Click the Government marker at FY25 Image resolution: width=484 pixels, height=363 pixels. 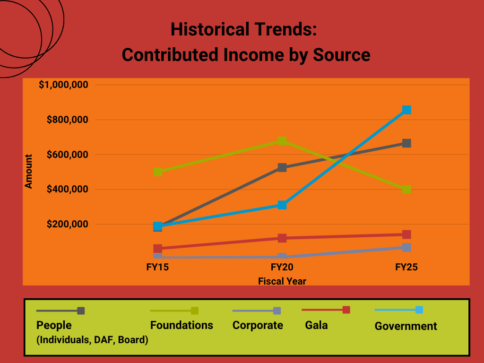406,110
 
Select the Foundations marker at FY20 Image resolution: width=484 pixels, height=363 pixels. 282,141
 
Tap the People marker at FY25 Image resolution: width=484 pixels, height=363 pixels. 406,143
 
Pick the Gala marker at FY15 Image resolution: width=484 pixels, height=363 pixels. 158,249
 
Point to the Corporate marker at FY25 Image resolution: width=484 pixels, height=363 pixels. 406,247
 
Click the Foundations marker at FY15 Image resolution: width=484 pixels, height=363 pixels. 158,172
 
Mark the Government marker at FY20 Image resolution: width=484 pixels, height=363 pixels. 282,205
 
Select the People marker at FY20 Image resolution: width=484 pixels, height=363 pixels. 282,167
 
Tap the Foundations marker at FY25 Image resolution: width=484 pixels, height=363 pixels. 406,190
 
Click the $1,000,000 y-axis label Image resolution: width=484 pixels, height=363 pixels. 65,85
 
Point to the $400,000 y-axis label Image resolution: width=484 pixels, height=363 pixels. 68,190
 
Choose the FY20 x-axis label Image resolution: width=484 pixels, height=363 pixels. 282,268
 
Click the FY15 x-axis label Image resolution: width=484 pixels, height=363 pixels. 158,268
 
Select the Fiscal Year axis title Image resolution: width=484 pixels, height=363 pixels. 282,281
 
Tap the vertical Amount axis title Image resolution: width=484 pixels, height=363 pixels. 29,172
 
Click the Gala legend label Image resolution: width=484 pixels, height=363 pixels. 316,325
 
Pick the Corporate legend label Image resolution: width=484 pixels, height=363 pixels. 258,325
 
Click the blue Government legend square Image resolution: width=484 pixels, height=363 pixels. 419,310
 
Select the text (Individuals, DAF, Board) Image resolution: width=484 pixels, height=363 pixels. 92,340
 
